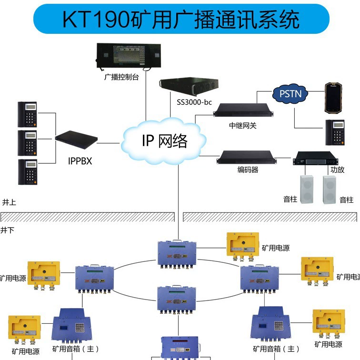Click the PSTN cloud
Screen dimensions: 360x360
coord(290,94)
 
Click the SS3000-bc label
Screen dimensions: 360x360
coord(194,102)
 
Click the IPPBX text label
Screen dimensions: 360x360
coord(80,161)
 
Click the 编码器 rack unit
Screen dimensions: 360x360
coord(247,157)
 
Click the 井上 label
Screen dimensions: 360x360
coord(9,202)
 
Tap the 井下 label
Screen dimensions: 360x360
coord(8,230)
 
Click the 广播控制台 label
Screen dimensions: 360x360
coord(121,77)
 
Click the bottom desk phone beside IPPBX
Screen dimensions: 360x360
coord(27,172)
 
